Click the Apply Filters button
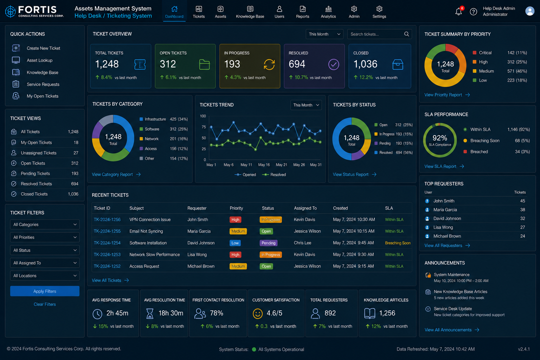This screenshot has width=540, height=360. coord(45,291)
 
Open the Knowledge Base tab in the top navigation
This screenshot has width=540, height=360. coord(250,12)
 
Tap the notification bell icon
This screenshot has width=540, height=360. coord(458,11)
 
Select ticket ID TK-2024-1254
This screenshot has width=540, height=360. coord(107,243)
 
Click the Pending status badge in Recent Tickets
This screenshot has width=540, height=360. coord(268,243)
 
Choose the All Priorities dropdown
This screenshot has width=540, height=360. coord(45,237)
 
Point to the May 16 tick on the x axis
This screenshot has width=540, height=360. coord(264,165)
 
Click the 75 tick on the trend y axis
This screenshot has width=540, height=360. coord(204,127)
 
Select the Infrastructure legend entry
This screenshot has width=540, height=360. coord(153,119)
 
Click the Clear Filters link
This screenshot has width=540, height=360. coord(45,304)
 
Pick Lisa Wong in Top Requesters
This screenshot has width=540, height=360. coord(443,227)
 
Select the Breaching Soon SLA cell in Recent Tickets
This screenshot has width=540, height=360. coord(398,243)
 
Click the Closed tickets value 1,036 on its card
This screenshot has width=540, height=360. coord(365,64)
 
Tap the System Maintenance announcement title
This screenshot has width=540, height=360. coord(451,275)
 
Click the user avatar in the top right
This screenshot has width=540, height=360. coord(530,11)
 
